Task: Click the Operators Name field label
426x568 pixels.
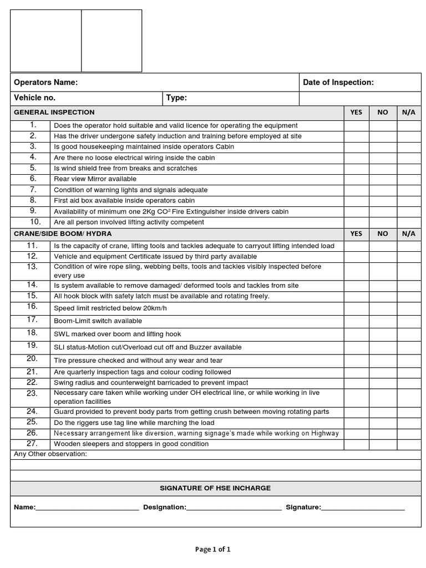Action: point(45,83)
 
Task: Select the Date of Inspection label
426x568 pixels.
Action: point(338,83)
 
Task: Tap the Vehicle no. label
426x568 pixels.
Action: point(34,98)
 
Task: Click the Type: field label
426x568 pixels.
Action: point(176,98)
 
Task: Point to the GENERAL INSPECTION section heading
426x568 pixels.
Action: point(54,112)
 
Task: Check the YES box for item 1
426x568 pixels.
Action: point(356,125)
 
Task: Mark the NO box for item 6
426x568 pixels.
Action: point(383,179)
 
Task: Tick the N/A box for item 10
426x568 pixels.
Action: point(409,222)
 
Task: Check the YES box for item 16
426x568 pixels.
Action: point(356,308)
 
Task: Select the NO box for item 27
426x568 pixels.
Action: point(383,444)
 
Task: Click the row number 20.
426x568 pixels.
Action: point(32,359)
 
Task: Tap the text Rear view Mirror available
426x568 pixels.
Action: point(95,179)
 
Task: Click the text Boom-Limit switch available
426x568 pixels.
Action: point(98,321)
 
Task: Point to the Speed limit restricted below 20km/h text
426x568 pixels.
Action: point(110,308)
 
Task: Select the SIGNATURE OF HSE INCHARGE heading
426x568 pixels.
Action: point(215,488)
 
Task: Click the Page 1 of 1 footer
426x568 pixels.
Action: point(213,549)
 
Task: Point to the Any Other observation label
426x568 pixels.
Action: point(50,454)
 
